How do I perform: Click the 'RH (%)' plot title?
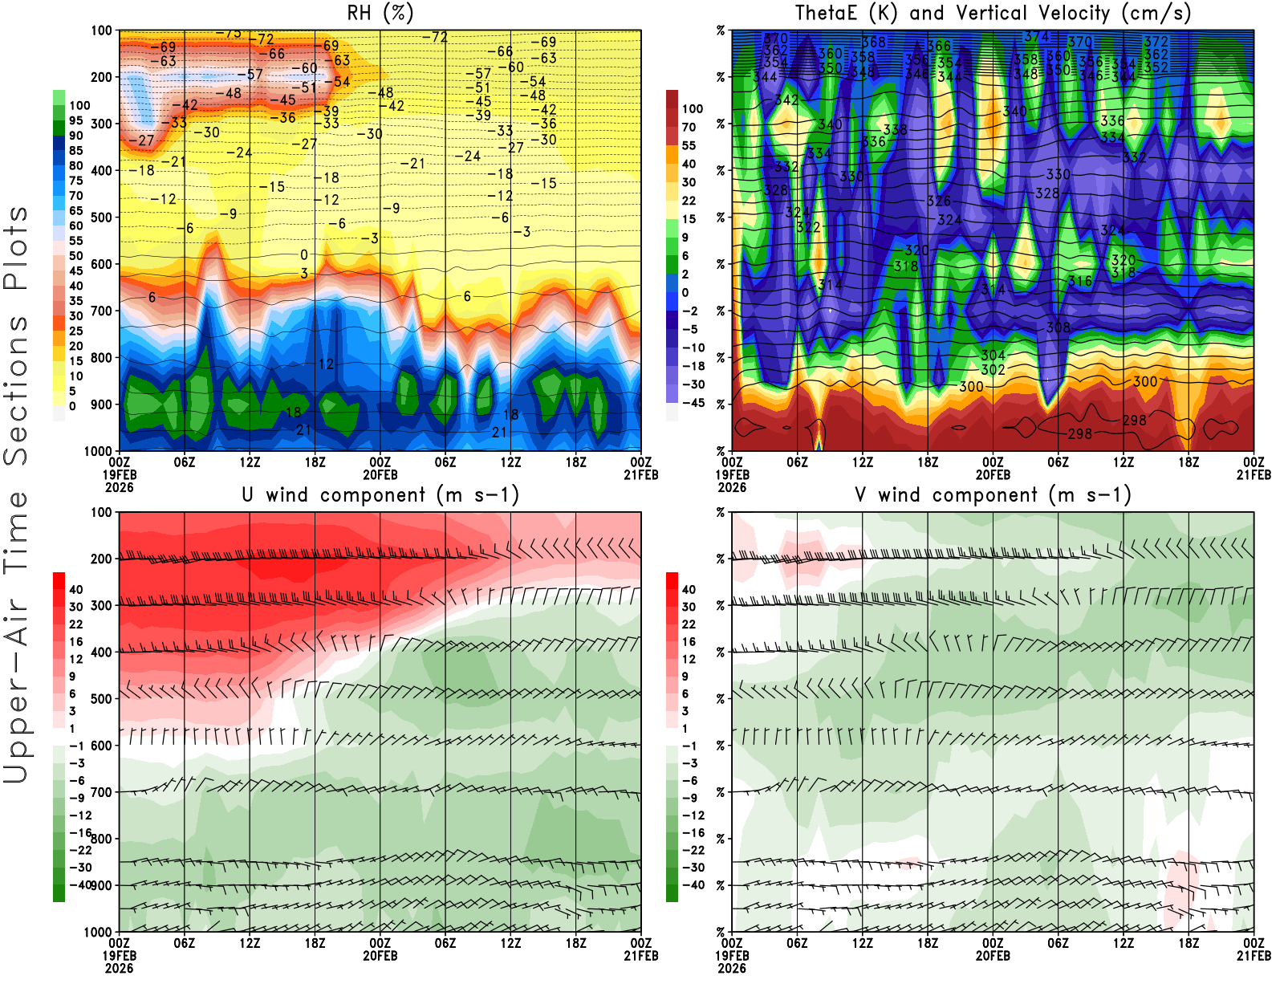[380, 13]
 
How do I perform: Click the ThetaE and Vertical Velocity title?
[993, 13]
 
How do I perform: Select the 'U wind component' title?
[380, 494]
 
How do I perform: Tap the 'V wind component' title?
[993, 494]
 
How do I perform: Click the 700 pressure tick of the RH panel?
[101, 311]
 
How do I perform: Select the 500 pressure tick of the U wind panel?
[101, 699]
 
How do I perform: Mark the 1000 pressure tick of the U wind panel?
[98, 933]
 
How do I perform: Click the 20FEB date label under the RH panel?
[380, 475]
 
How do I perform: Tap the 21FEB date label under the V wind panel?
[1254, 956]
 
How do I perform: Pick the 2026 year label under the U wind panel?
[119, 968]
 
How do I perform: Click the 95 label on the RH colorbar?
[76, 120]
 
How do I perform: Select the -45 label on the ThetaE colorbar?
[693, 403]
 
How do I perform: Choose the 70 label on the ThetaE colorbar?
[689, 127]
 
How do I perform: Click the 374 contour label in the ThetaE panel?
[1037, 37]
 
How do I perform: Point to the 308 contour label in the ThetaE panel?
[1058, 327]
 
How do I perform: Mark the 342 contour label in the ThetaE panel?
[786, 100]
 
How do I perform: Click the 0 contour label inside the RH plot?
[304, 255]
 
